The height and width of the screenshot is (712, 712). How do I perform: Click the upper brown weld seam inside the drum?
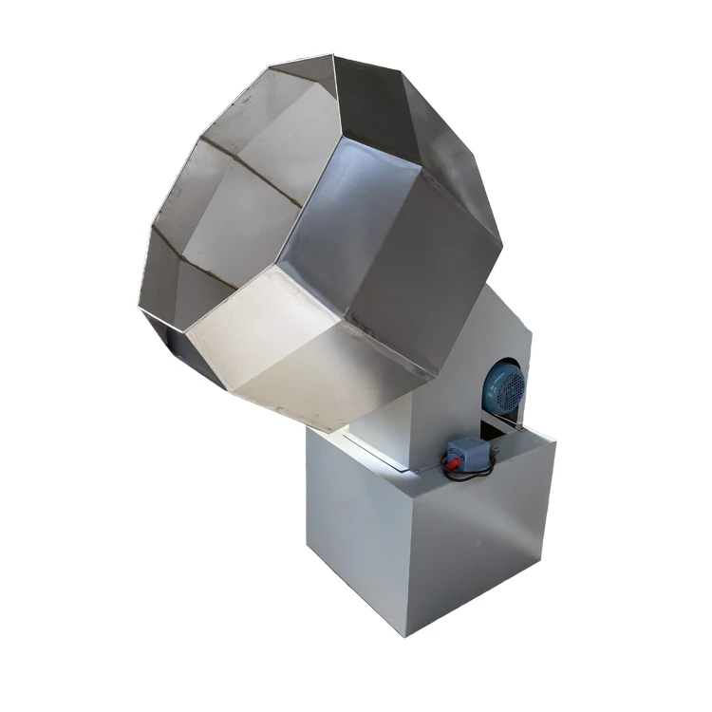click(x=252, y=171)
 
